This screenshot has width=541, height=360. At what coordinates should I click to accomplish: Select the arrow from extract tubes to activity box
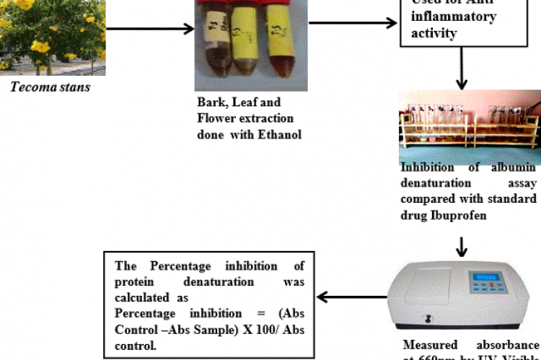(353, 23)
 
